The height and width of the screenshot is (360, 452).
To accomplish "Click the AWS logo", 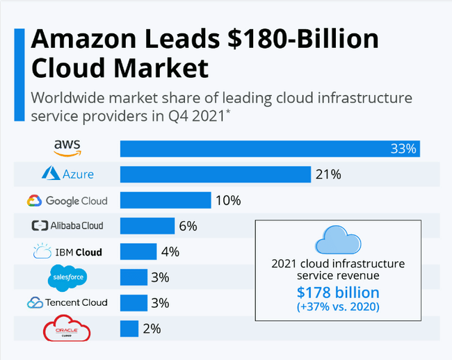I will (x=67, y=147).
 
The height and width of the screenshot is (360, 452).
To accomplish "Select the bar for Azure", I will (x=215, y=174).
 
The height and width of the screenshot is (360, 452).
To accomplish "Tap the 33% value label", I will (x=403, y=149).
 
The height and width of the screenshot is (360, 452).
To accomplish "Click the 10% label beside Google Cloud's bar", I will (x=227, y=201).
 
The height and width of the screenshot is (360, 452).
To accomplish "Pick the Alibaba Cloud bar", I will (x=147, y=226).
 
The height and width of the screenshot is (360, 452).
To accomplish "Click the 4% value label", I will (x=170, y=252).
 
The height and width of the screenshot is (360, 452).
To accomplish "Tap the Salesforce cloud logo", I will (x=67, y=277).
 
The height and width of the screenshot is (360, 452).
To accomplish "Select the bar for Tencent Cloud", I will (x=134, y=302).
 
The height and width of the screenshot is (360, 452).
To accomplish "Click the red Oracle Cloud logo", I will (x=67, y=328).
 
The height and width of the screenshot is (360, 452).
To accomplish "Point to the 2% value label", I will (x=152, y=328).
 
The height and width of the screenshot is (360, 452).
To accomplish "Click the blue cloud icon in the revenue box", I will (x=338, y=240).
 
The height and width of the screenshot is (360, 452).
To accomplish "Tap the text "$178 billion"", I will (x=338, y=293).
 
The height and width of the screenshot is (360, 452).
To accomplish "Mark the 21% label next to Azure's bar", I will (x=328, y=174).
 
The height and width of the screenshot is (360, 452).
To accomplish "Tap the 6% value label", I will (x=188, y=226).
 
